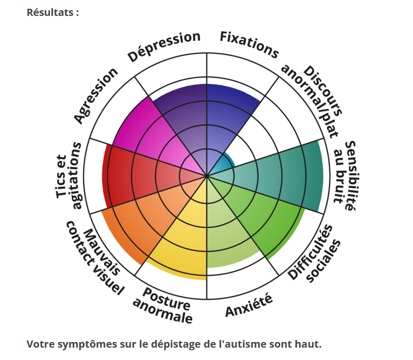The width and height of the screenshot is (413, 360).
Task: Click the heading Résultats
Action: (x=53, y=12)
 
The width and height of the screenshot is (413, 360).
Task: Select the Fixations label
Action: (x=249, y=44)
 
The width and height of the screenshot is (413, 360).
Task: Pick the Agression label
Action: (x=96, y=96)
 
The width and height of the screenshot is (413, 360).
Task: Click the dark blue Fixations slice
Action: (x=229, y=113)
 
